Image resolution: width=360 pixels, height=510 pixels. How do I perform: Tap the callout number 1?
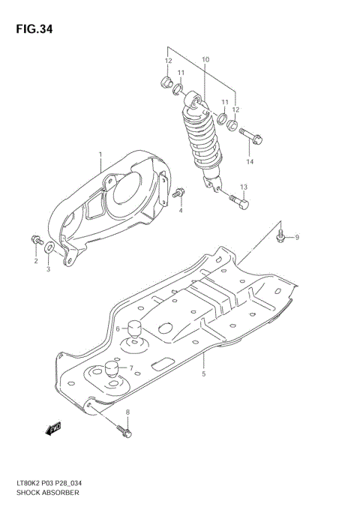[x=100, y=155]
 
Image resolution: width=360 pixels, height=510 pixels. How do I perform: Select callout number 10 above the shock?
[x=206, y=59]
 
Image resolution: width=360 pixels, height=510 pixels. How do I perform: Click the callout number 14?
[x=250, y=162]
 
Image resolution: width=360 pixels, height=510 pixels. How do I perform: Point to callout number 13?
[x=243, y=187]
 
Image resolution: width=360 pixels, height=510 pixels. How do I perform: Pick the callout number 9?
[x=296, y=238]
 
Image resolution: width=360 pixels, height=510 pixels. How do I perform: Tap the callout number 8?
[x=127, y=412]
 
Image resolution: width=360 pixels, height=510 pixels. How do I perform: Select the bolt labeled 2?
[x=35, y=240]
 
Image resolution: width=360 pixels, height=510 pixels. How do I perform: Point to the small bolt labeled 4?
[x=178, y=195]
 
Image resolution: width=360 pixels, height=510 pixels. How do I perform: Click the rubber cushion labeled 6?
[x=136, y=329]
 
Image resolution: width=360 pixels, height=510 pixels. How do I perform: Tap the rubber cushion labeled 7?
[x=112, y=369]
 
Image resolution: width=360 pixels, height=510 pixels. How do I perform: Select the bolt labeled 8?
[x=124, y=431]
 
